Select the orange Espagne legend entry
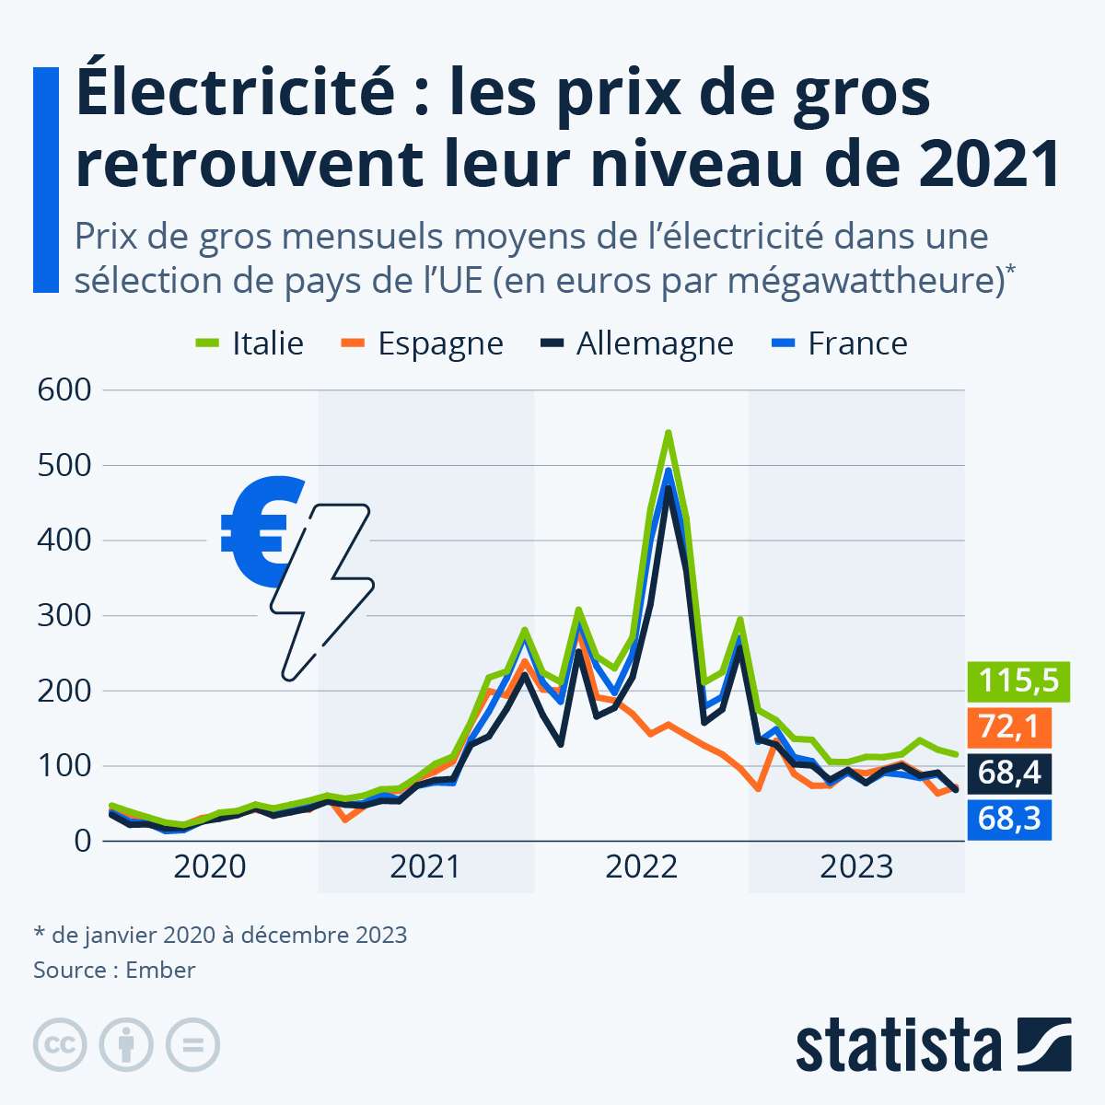pyautogui.click(x=423, y=343)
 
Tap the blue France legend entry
pyautogui.click(x=839, y=343)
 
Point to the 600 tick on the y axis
pyautogui.click(x=64, y=390)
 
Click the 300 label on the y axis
pyautogui.click(x=64, y=615)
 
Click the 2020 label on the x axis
pyautogui.click(x=210, y=867)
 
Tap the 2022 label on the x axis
pyautogui.click(x=641, y=867)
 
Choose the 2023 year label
pyautogui.click(x=856, y=867)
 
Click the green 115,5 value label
pyautogui.click(x=1018, y=681)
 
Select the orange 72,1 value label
pyautogui.click(x=1008, y=727)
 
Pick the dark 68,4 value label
pyautogui.click(x=1008, y=772)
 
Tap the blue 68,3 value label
pyautogui.click(x=1008, y=818)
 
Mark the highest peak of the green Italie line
pyautogui.click(x=668, y=432)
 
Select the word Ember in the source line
pyautogui.click(x=160, y=970)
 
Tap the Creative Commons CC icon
pyautogui.click(x=61, y=1045)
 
